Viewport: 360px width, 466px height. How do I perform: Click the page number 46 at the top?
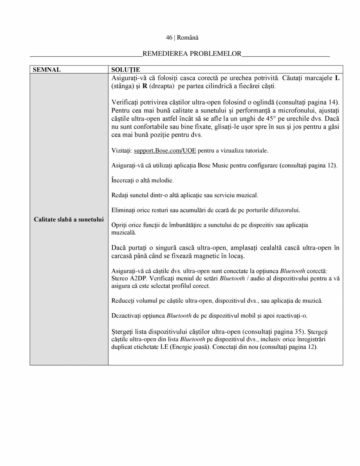169,38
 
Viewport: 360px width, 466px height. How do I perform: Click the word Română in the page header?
188,38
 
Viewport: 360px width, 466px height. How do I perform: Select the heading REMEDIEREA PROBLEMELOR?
192,54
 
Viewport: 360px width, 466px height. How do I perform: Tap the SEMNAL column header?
47,70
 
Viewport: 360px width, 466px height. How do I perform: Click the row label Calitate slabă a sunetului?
69,219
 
